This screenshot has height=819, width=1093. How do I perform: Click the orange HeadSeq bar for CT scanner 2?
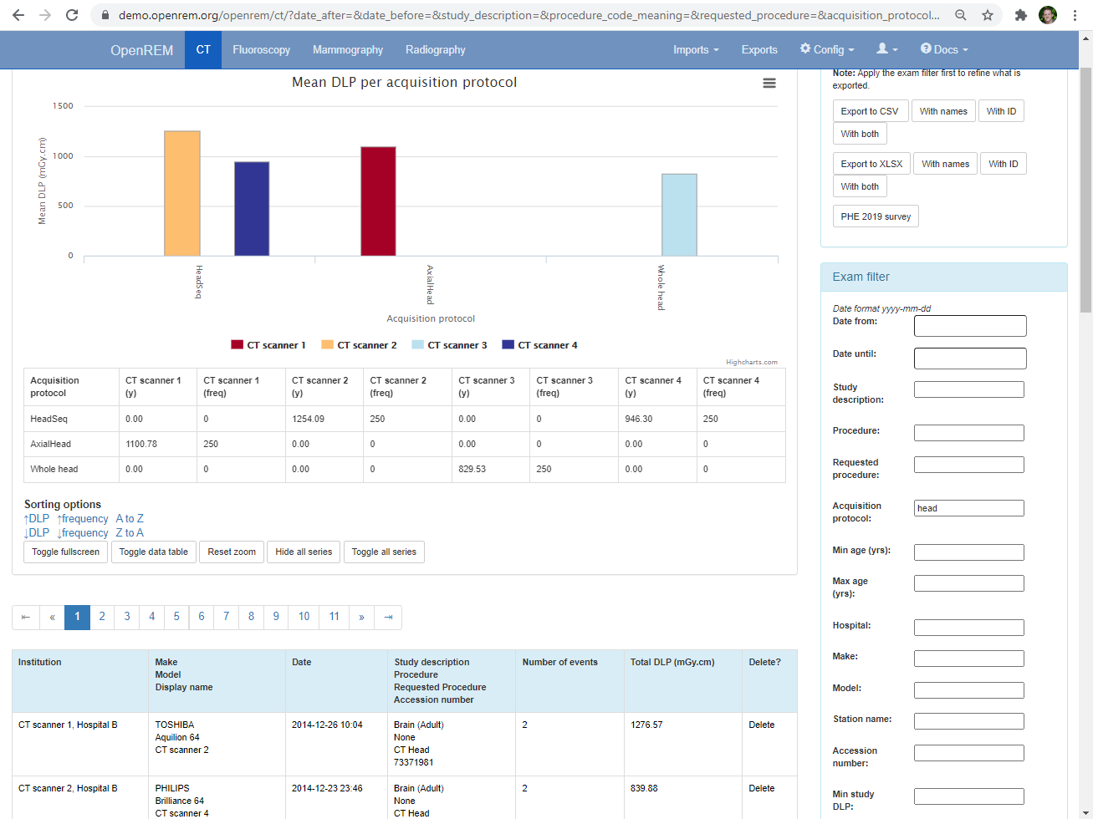tap(181, 194)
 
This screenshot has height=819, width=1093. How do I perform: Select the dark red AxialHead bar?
tap(378, 201)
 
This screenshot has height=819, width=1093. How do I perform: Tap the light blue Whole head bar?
tap(679, 216)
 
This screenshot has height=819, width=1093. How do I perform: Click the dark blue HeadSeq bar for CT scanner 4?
tap(252, 209)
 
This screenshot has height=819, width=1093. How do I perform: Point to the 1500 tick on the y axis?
tap(64, 106)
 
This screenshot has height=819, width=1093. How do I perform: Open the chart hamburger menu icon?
tap(769, 84)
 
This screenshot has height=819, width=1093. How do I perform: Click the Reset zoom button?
tap(232, 552)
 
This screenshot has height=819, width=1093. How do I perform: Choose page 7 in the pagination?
tap(226, 617)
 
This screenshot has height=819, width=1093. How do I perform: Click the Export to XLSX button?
tap(871, 164)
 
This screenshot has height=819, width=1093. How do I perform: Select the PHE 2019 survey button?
tap(876, 216)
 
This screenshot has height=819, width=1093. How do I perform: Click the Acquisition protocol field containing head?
tap(968, 508)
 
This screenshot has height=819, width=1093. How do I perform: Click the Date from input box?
tap(969, 326)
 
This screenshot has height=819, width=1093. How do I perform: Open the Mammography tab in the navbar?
tap(348, 50)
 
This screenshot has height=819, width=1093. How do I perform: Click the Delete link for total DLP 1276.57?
tap(761, 725)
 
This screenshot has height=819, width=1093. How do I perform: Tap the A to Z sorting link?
tap(130, 519)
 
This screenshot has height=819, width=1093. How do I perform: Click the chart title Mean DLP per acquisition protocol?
tap(404, 82)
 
